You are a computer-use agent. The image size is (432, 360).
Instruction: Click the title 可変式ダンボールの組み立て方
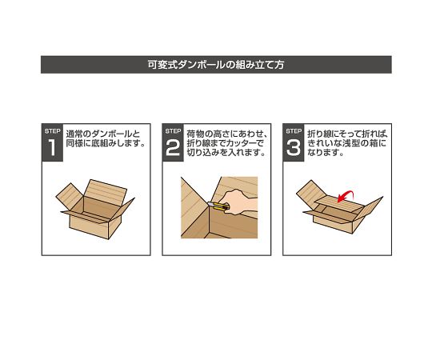(216, 65)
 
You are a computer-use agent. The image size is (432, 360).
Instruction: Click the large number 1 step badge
(52, 147)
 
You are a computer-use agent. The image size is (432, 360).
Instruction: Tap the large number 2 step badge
(174, 147)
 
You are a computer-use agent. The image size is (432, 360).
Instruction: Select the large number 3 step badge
(294, 147)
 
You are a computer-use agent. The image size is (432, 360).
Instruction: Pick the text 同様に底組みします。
(106, 144)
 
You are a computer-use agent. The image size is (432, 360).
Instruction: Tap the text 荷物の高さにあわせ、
(226, 134)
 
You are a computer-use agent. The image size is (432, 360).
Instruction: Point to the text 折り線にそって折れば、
(347, 134)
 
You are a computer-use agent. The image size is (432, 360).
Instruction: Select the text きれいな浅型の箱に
(346, 144)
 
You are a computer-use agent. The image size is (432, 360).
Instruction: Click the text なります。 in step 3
(326, 154)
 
